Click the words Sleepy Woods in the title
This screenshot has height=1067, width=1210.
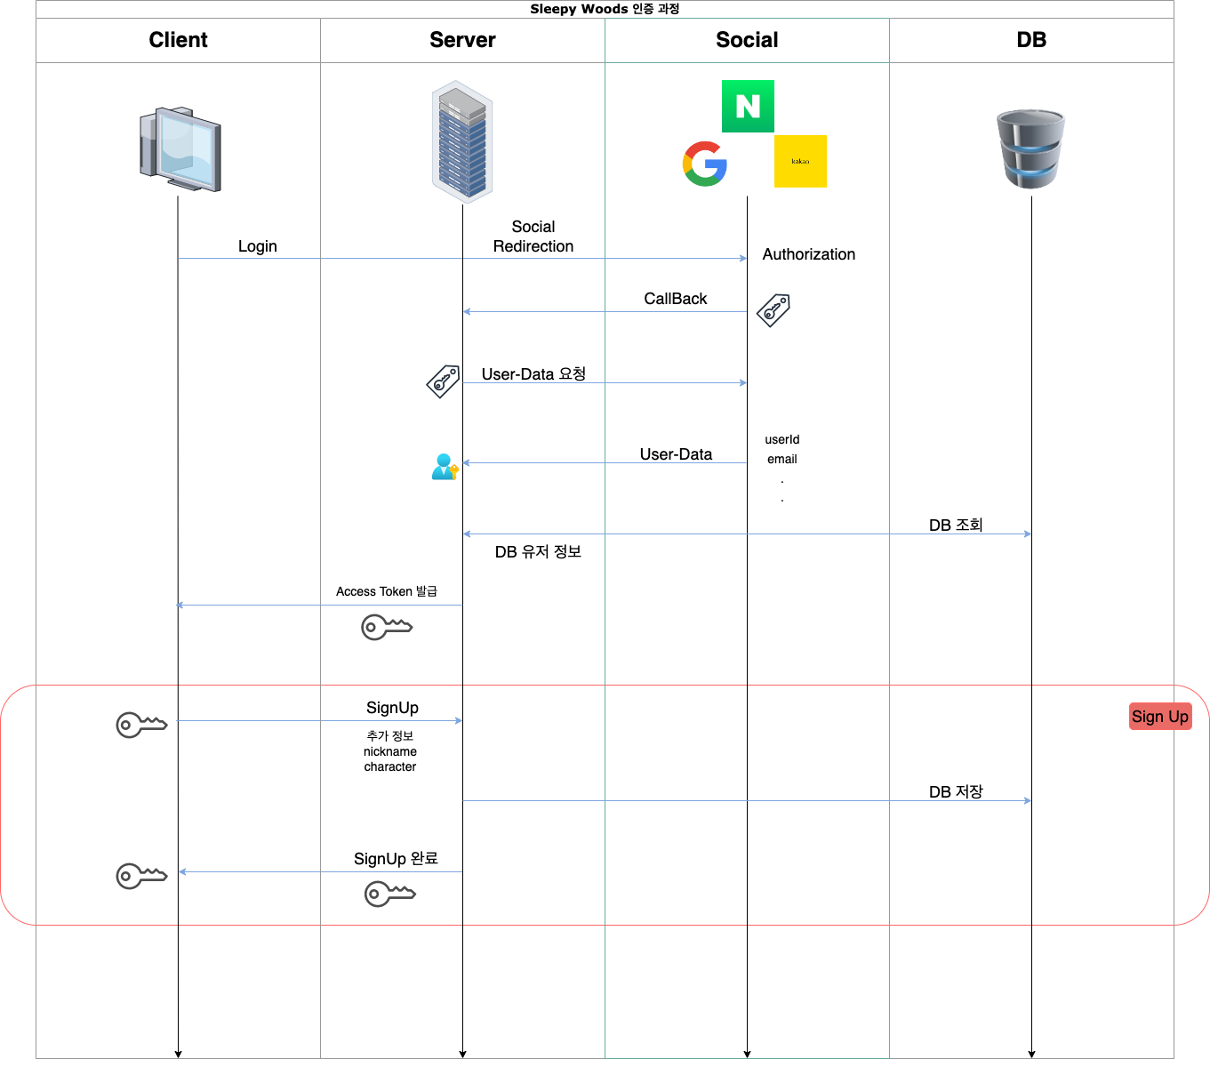pyautogui.click(x=579, y=9)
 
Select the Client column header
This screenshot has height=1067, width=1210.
pyautogui.click(x=178, y=40)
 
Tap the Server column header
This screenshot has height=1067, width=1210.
pyautogui.click(x=462, y=40)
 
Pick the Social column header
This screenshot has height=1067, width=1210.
pyautogui.click(x=747, y=40)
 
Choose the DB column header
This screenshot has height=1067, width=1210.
pyautogui.click(x=1031, y=40)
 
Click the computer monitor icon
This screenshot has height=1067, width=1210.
pyautogui.click(x=180, y=149)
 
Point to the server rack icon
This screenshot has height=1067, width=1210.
pyautogui.click(x=462, y=142)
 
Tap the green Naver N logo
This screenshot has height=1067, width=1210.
pyautogui.click(x=749, y=106)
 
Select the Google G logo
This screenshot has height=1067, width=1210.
pyautogui.click(x=704, y=164)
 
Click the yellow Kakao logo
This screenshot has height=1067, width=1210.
pyautogui.click(x=800, y=161)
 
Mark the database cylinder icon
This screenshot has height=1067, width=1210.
pyautogui.click(x=1031, y=148)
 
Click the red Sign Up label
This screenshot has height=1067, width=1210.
pyautogui.click(x=1160, y=717)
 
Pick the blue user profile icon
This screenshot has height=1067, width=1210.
pyautogui.click(x=445, y=467)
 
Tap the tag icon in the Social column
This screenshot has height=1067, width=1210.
pyautogui.click(x=773, y=310)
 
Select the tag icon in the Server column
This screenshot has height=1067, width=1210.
pyautogui.click(x=443, y=381)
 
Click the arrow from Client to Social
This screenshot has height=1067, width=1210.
pyautogui.click(x=462, y=258)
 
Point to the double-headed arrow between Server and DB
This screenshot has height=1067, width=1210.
pyautogui.click(x=747, y=533)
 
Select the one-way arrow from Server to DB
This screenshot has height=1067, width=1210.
pyautogui.click(x=747, y=800)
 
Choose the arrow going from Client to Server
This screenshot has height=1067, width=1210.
pyautogui.click(x=320, y=720)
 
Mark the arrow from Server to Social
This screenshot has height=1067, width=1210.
pyautogui.click(x=605, y=382)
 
